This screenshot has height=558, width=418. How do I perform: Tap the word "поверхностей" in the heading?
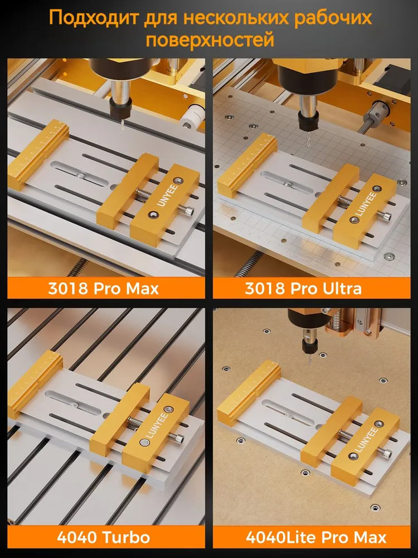tap(210, 40)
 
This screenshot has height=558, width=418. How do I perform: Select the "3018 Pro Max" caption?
tap(103, 288)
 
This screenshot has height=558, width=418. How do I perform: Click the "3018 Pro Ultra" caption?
tap(303, 288)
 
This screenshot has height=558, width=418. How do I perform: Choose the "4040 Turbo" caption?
tap(104, 537)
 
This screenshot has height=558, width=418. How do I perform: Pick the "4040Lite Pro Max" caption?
tap(316, 537)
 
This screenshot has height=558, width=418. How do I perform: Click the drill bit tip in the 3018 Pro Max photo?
tap(122, 129)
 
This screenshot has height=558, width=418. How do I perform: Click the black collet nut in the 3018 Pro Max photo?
tap(120, 108)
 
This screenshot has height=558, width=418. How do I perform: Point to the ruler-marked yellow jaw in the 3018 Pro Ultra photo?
tap(247, 163)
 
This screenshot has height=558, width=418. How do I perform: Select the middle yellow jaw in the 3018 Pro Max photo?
tap(128, 189)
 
